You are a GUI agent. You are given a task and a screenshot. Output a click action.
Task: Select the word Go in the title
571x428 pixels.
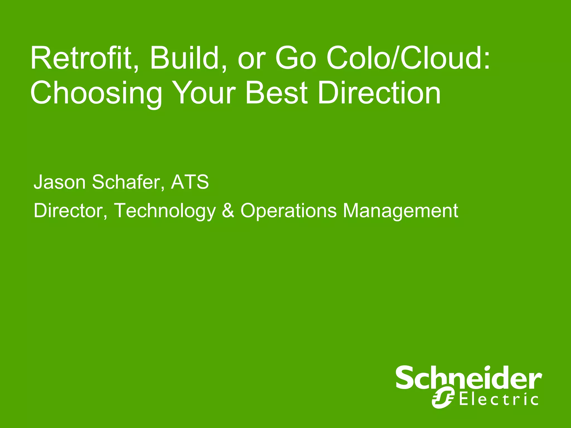[296, 59]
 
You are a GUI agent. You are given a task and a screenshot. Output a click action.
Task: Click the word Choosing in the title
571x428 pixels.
[96, 93]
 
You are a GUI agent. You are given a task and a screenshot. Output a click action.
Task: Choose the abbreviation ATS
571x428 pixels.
[190, 182]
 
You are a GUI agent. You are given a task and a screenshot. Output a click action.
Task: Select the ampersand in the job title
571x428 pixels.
[228, 211]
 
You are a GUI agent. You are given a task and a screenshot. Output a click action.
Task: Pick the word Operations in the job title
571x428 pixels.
[289, 211]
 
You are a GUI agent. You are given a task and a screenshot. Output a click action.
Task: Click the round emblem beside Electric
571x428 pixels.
[443, 399]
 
